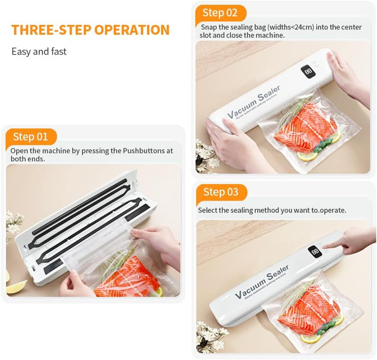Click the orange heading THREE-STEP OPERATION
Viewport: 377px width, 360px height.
90,30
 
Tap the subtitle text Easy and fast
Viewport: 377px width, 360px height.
39,52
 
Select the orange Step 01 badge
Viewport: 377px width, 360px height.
30,137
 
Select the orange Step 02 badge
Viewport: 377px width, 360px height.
220,12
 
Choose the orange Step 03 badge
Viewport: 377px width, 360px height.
221,192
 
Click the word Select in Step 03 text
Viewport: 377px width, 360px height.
210,210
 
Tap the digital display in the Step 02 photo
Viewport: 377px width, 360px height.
308,72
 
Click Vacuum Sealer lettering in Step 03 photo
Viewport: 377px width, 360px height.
261,284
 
